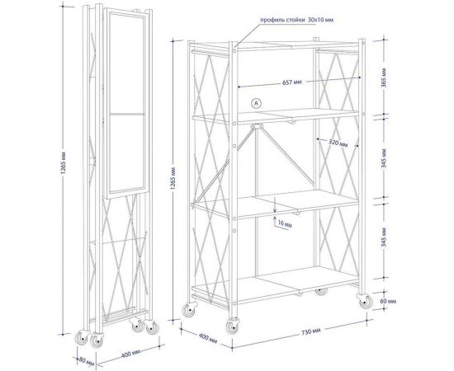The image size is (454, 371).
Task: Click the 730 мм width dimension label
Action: pyautogui.click(x=311, y=331)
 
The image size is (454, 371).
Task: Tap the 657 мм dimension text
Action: pyautogui.click(x=292, y=82)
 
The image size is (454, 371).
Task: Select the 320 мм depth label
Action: pyautogui.click(x=338, y=143)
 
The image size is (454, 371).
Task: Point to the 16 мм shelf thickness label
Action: pyautogui.click(x=285, y=223)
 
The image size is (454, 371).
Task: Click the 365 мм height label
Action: pyautogui.click(x=384, y=78)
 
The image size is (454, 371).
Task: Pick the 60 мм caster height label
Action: pyautogui.click(x=388, y=301)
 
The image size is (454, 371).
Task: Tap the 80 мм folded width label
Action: pyautogui.click(x=87, y=361)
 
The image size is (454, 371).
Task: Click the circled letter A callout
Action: pyautogui.click(x=256, y=103)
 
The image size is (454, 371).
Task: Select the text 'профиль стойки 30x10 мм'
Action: pyautogui.click(x=296, y=20)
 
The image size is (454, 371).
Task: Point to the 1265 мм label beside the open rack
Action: pyautogui.click(x=173, y=178)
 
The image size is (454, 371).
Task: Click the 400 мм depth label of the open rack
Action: pyautogui.click(x=207, y=338)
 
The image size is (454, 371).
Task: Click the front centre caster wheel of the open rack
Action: pyautogui.click(x=234, y=326)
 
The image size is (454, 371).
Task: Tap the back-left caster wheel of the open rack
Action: pyautogui.click(x=190, y=310)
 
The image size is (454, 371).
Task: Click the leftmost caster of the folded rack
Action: pyautogui.click(x=82, y=338)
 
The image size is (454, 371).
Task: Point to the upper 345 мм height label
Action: pyautogui.click(x=384, y=159)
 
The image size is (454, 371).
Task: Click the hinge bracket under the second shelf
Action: pyautogui.click(x=257, y=127)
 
